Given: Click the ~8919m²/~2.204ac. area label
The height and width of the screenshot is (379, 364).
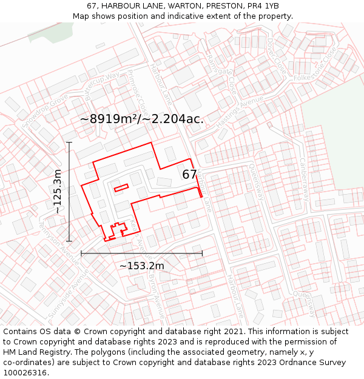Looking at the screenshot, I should click(142, 119).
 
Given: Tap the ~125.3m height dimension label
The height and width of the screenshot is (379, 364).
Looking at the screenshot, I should click(58, 192).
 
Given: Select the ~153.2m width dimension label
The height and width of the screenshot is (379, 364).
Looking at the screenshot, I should click(141, 266).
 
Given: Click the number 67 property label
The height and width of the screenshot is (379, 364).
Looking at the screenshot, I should click(190, 175).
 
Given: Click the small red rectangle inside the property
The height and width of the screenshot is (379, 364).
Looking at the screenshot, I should click(121, 187).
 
